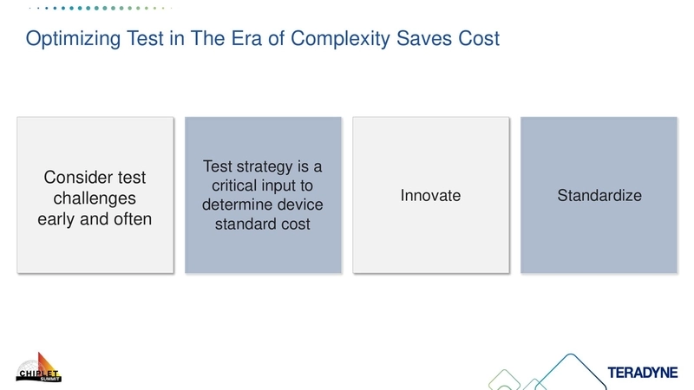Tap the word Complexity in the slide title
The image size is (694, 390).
(337, 40)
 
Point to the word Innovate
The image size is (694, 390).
(430, 196)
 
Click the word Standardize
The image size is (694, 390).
(599, 196)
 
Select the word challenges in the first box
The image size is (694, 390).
(95, 198)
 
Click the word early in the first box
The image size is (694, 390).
(57, 219)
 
